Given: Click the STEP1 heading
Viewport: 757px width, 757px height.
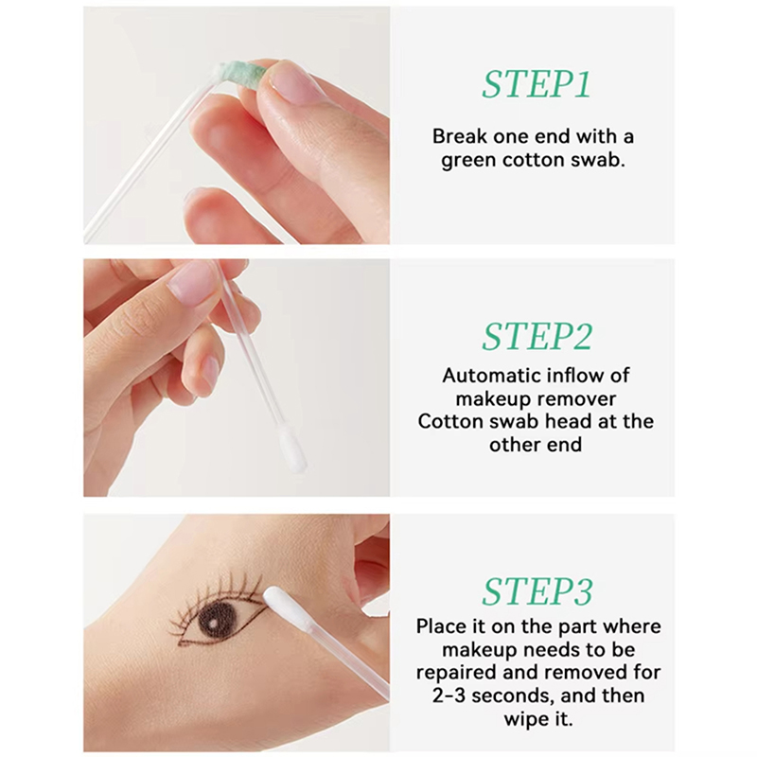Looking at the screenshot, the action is (x=537, y=85).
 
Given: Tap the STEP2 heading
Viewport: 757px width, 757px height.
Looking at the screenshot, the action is (x=537, y=337).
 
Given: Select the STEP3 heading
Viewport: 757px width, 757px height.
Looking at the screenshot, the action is (x=537, y=591).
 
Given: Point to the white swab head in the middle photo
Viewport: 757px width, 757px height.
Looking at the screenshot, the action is (x=293, y=450).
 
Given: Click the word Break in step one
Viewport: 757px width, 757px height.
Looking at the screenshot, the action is (x=459, y=136).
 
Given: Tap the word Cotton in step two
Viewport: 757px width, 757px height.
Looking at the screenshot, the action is (x=450, y=421).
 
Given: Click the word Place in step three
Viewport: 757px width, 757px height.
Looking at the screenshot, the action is (x=440, y=626).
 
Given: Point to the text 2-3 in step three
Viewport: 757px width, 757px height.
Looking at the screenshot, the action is (x=449, y=696).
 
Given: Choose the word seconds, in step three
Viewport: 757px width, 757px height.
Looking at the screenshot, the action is (x=513, y=696).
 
